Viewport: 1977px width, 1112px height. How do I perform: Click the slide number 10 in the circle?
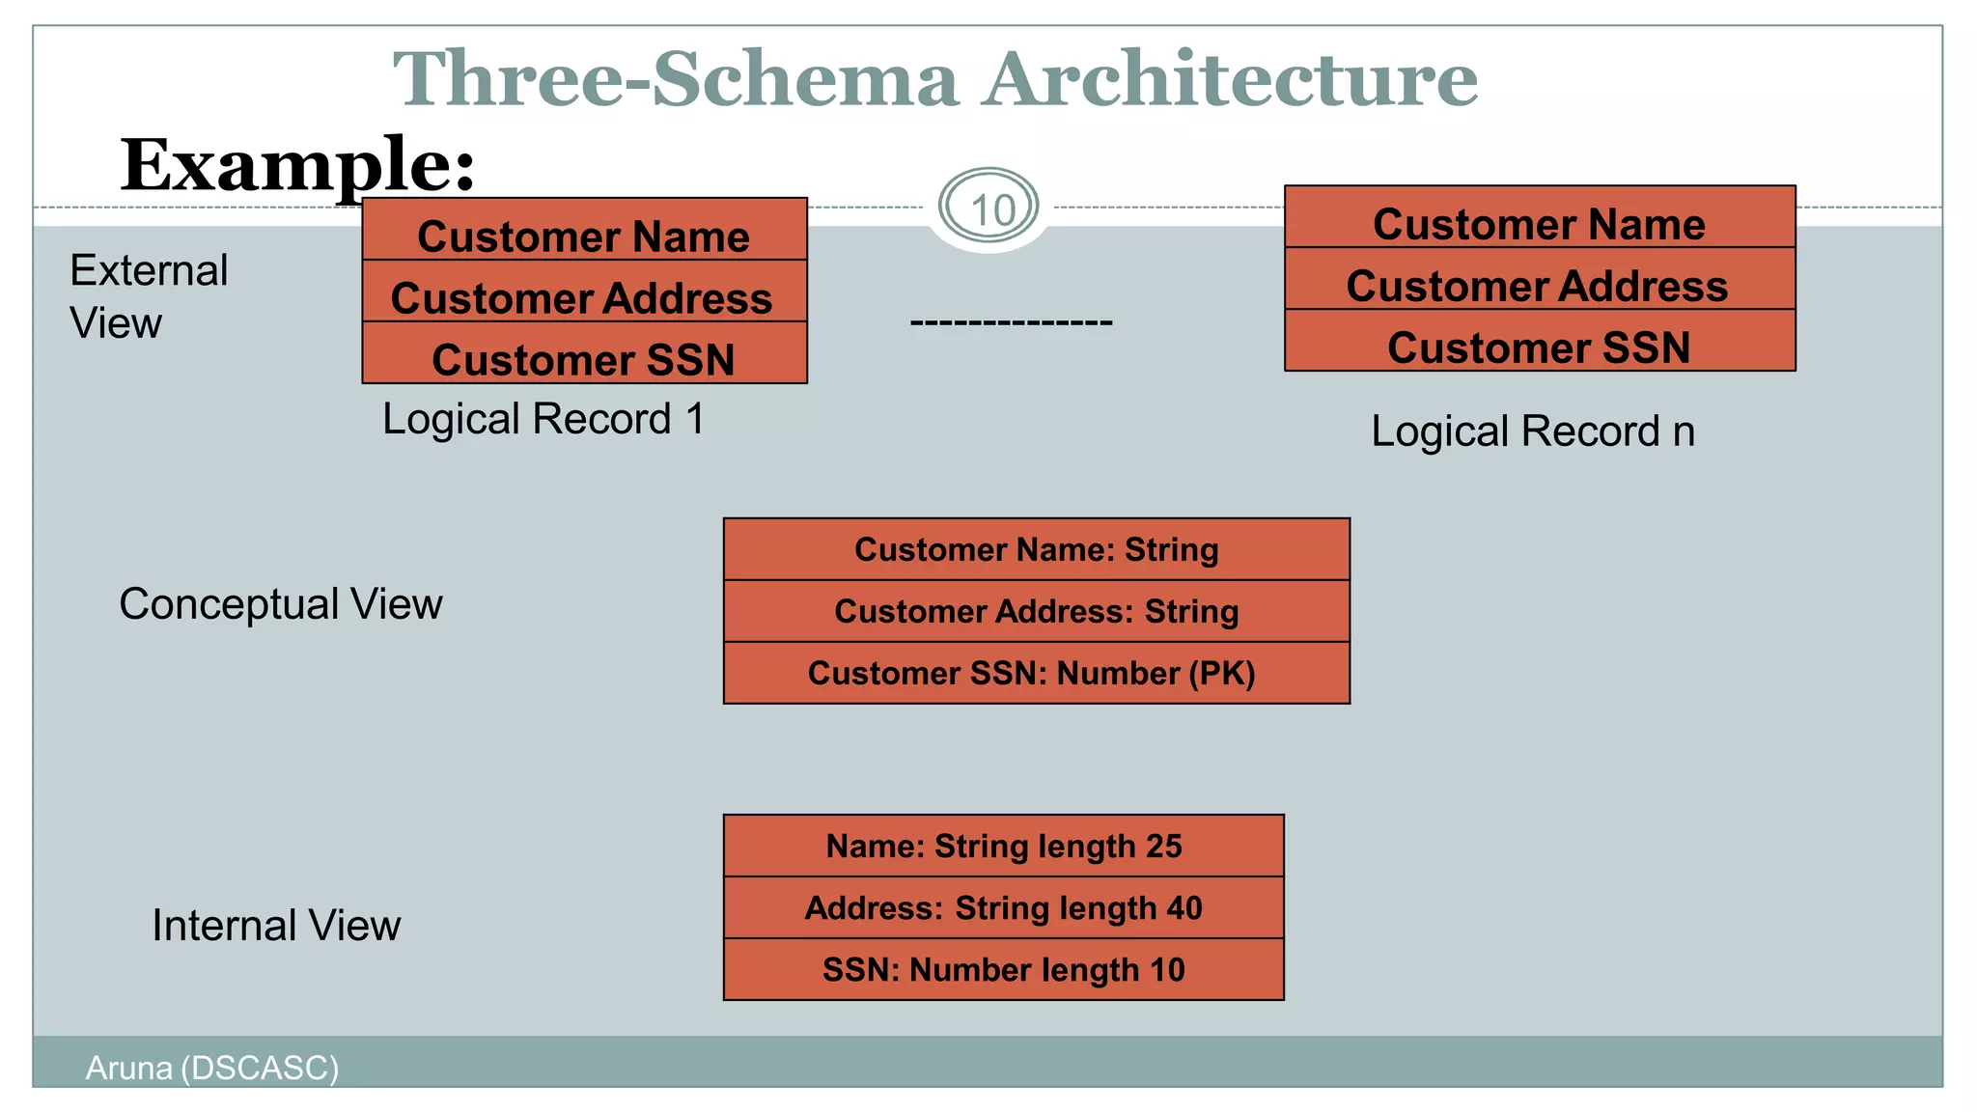pyautogui.click(x=990, y=209)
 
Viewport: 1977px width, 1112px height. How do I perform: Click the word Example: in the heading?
pyautogui.click(x=297, y=165)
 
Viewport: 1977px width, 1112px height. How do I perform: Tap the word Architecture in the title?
pyautogui.click(x=1230, y=79)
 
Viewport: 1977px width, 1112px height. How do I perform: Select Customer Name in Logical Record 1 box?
pyautogui.click(x=583, y=236)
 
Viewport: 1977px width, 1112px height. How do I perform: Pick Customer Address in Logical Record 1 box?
pyautogui.click(x=581, y=297)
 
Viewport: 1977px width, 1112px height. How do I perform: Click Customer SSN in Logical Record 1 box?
pyautogui.click(x=583, y=359)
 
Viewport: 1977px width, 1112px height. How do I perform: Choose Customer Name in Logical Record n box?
pyautogui.click(x=1539, y=223)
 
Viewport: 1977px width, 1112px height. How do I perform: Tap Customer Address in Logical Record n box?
pyautogui.click(x=1537, y=285)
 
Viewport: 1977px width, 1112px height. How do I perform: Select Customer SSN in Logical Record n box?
pyautogui.click(x=1539, y=347)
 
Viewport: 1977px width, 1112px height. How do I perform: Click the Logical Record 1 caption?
pyautogui.click(x=543, y=419)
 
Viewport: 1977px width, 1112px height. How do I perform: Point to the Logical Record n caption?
pyautogui.click(x=1532, y=431)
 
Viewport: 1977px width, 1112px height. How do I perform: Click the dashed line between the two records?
pyautogui.click(x=1011, y=322)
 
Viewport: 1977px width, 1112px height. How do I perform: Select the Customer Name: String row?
pyautogui.click(x=1036, y=549)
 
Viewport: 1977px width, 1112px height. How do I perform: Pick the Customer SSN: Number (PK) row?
pyautogui.click(x=1031, y=673)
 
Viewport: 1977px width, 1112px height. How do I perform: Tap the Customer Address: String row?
pyautogui.click(x=1036, y=611)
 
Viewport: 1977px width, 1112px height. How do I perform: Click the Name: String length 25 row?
pyautogui.click(x=1003, y=846)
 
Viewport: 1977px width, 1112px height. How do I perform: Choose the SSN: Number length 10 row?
pyautogui.click(x=1003, y=969)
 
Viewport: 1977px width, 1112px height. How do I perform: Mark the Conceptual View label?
pyautogui.click(x=280, y=604)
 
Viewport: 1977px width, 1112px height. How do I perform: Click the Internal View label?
pyautogui.click(x=275, y=925)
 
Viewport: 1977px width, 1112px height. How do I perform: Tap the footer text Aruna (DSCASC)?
pyautogui.click(x=211, y=1068)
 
